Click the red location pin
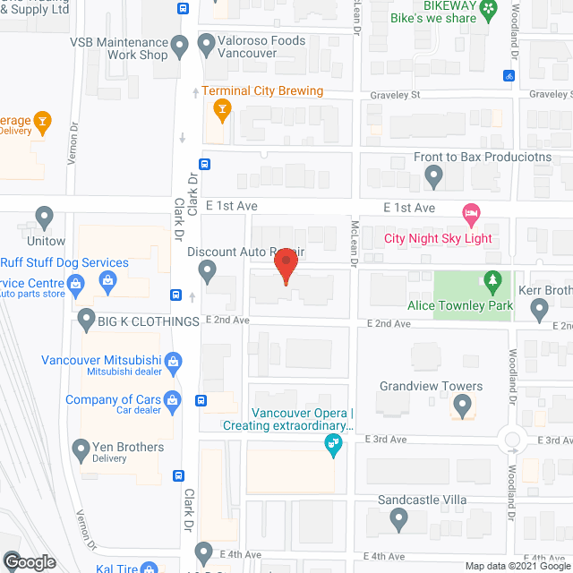[x=286, y=266]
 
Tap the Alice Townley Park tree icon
[x=492, y=283]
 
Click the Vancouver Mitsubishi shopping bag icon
[x=175, y=362]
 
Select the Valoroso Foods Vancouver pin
[x=207, y=41]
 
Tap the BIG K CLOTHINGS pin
[x=86, y=318]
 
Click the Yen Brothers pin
[x=82, y=449]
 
